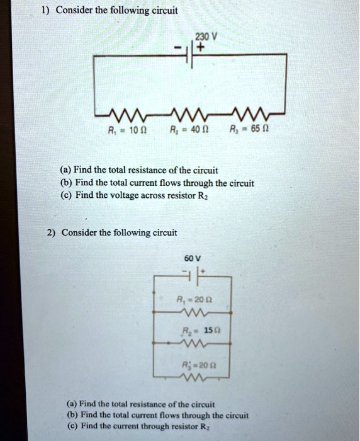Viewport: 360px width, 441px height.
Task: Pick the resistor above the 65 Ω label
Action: coord(266,114)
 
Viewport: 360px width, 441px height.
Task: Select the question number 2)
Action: coord(50,232)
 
